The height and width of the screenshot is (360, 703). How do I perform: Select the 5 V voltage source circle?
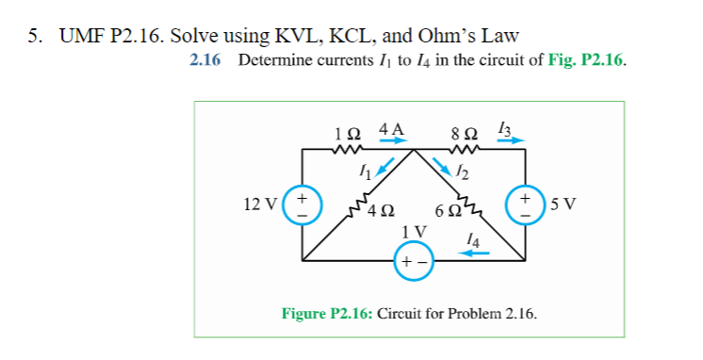coord(524,203)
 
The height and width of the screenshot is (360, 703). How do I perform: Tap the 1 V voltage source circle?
coord(413,261)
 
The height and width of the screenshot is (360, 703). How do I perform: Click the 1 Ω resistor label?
coord(348,133)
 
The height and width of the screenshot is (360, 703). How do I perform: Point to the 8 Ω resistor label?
coord(466,133)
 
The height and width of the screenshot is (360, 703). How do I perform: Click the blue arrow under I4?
coord(477,253)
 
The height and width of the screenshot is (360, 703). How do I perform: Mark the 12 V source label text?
coord(263,203)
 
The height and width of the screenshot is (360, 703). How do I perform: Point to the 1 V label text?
coord(413,231)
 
